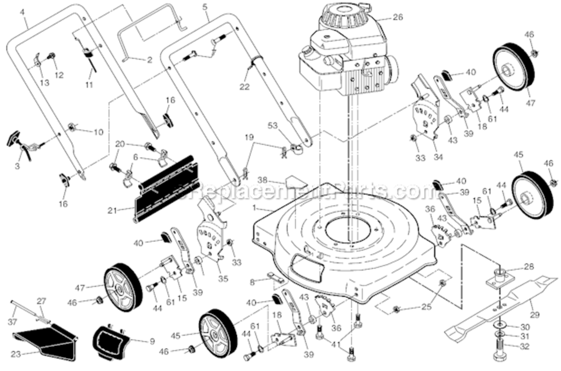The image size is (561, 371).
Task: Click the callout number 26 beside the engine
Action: pos(398,17)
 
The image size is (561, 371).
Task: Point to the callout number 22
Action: pos(244,87)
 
